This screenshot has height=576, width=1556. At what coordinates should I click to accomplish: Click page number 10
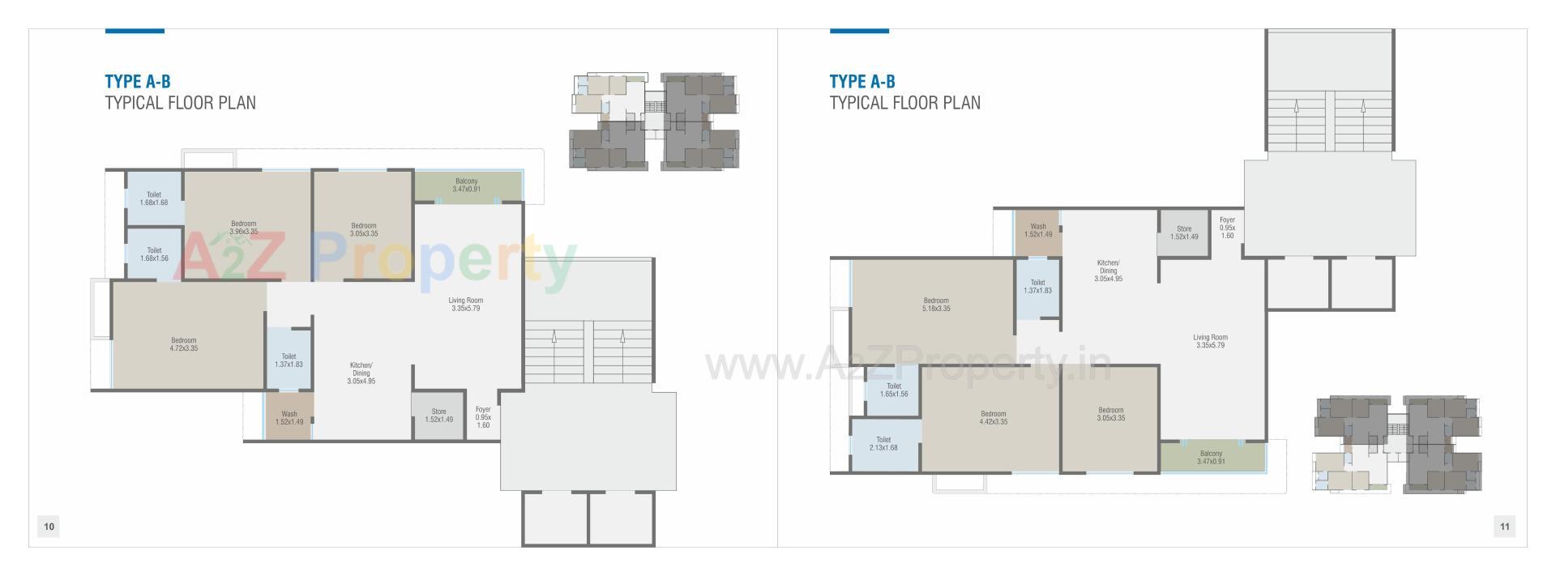click(49, 527)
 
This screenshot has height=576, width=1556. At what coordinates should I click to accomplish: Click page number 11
click(1504, 527)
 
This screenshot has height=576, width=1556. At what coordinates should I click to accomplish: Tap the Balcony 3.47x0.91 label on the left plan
click(466, 185)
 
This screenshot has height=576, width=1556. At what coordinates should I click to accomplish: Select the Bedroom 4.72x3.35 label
click(184, 344)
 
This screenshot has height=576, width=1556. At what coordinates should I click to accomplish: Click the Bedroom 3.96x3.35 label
click(243, 228)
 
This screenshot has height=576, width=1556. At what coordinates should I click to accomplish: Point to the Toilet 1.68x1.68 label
click(154, 198)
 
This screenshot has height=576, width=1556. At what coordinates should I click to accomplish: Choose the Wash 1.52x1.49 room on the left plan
click(289, 418)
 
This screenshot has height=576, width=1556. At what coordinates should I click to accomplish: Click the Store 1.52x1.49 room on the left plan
click(438, 416)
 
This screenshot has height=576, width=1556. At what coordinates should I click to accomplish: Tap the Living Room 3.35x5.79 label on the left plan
click(466, 304)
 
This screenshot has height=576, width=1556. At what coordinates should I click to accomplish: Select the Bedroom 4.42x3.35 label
click(993, 417)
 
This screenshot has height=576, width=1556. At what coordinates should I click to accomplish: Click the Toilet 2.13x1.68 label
click(883, 443)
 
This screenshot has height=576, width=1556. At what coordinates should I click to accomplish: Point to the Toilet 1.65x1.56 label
click(894, 390)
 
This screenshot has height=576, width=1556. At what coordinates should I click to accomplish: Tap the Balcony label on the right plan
click(1211, 457)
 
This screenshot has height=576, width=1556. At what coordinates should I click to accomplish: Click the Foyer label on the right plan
click(1227, 227)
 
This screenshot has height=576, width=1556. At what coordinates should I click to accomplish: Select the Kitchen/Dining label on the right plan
click(1108, 271)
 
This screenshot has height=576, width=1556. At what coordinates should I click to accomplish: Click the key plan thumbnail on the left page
click(654, 122)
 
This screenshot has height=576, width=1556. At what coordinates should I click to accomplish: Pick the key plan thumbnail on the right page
click(1396, 444)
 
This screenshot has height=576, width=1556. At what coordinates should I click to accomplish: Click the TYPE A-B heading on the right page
click(862, 81)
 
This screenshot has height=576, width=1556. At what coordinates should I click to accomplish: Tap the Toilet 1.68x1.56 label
click(154, 254)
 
